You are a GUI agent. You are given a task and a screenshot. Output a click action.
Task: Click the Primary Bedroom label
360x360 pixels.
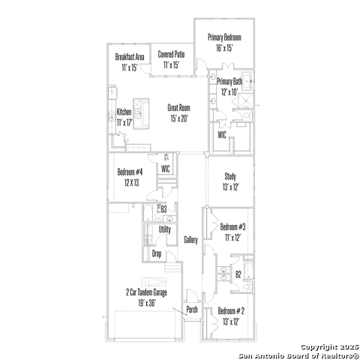tap(224, 37)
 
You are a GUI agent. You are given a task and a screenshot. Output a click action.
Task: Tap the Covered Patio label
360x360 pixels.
tap(171, 54)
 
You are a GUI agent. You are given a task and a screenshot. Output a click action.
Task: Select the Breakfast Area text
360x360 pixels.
tap(130, 57)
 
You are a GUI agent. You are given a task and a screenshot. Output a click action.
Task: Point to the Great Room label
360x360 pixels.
tap(178, 108)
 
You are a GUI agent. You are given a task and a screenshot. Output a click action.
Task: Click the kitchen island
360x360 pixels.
tap(141, 114)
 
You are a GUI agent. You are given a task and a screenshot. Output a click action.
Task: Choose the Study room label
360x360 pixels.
tap(230, 176)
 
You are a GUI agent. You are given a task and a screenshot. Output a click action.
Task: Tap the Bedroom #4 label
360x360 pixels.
tap(130, 172)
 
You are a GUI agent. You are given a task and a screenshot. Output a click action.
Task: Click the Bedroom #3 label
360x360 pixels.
tap(232, 227)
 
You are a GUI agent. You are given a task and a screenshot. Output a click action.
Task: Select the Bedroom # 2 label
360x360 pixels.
tap(231, 311)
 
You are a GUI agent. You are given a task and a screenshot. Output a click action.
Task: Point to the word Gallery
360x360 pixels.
tap(190, 240)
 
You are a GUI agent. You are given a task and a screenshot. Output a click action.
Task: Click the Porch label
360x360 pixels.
tap(192, 310)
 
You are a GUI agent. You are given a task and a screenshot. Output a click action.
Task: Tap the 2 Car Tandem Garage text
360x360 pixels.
tap(146, 292)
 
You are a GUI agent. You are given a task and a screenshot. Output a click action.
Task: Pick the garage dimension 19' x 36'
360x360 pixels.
tap(147, 303)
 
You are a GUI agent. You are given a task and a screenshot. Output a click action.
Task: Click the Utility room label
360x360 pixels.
tap(165, 229)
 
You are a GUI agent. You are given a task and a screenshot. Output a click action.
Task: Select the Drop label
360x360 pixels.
tap(157, 253)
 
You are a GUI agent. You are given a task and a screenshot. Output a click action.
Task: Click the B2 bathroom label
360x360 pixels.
tap(238, 274)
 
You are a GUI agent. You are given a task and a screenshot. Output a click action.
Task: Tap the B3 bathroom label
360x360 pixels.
tap(163, 209)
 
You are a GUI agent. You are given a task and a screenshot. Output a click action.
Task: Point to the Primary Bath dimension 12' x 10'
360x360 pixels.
tap(229, 92)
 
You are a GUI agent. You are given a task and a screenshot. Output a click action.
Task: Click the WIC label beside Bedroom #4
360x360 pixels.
tap(166, 169)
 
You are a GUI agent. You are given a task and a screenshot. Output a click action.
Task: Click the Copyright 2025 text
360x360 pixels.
tap(330, 347)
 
